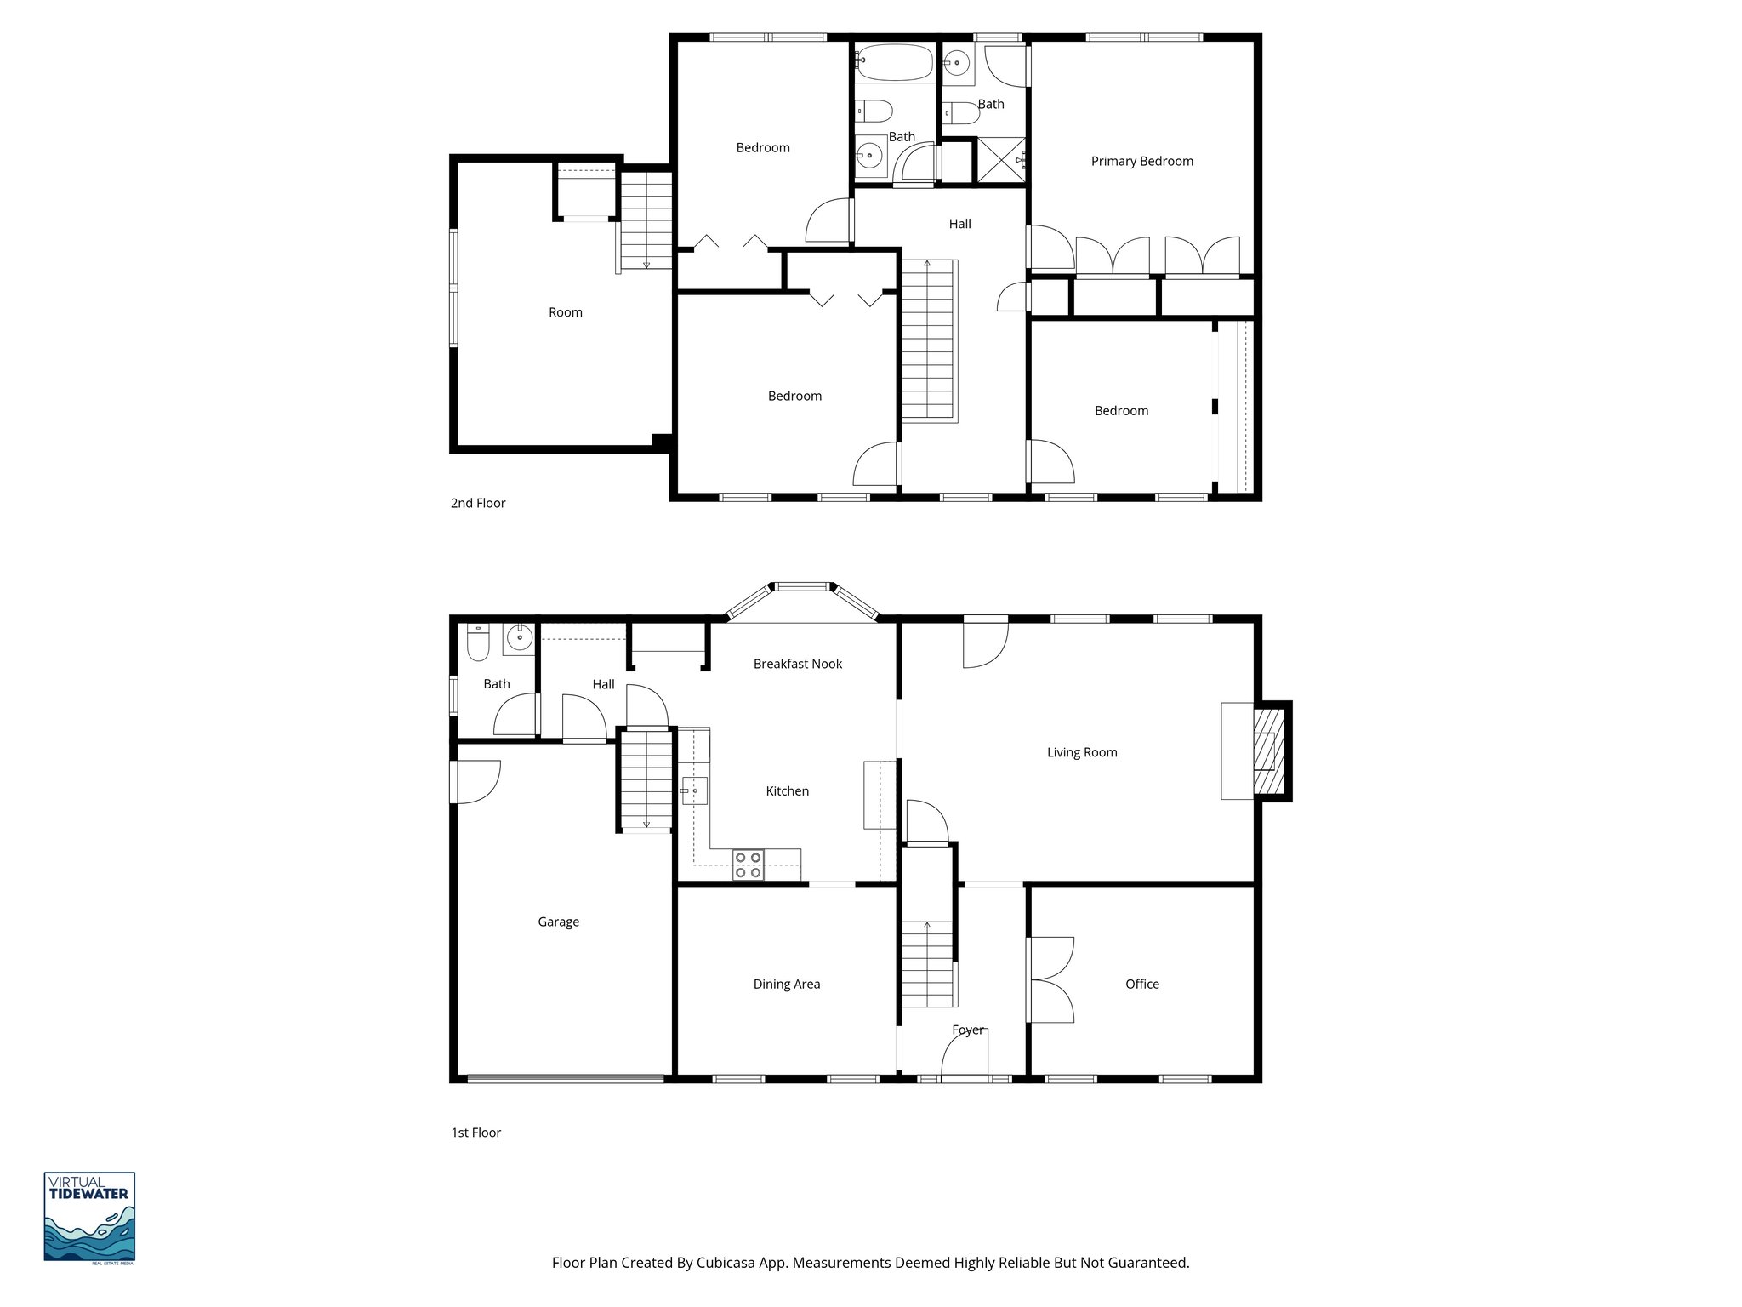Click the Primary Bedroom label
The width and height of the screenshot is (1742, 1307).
pyautogui.click(x=1141, y=161)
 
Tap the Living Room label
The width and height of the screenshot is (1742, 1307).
pyautogui.click(x=1081, y=752)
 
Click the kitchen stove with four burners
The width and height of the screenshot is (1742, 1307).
pyautogui.click(x=749, y=865)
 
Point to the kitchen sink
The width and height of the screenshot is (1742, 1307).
pyautogui.click(x=694, y=791)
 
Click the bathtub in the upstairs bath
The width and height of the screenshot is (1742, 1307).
pyautogui.click(x=895, y=62)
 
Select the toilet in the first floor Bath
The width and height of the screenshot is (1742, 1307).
pyautogui.click(x=478, y=644)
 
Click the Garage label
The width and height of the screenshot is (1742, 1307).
pyautogui.click(x=558, y=922)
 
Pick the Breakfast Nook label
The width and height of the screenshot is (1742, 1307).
pyautogui.click(x=797, y=664)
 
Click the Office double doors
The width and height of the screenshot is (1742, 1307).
pyautogui.click(x=1050, y=980)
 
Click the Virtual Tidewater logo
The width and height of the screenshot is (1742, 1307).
pyautogui.click(x=89, y=1217)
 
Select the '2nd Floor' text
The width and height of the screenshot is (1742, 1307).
pyautogui.click(x=477, y=503)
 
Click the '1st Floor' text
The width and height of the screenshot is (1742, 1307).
pyautogui.click(x=475, y=1133)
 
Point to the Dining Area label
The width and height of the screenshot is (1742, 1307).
pyautogui.click(x=786, y=985)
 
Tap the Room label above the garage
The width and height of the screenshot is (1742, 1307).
pyautogui.click(x=565, y=312)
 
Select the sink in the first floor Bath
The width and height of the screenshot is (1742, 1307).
pyautogui.click(x=519, y=636)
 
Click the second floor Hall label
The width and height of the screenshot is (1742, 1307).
pyautogui.click(x=959, y=224)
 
